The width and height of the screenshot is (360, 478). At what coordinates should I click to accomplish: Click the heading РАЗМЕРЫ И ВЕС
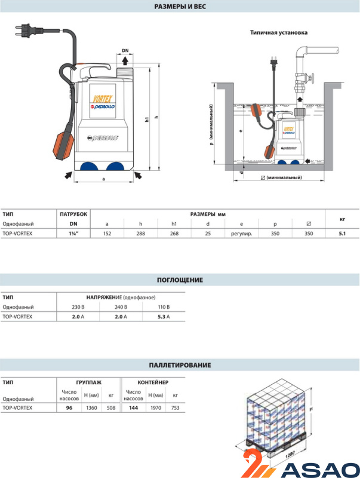[x=180, y=7]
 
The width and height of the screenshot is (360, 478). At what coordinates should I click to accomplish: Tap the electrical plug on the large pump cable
[x=27, y=29]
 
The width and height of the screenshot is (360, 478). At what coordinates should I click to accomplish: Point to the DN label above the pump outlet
[x=125, y=51]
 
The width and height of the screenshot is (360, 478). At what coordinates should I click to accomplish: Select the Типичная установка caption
[x=279, y=33]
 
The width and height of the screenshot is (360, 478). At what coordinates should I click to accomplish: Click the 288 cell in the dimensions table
[x=140, y=234]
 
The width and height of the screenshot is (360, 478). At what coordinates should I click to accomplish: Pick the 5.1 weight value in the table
[x=343, y=234]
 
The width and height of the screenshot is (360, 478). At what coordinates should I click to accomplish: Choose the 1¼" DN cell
[x=74, y=234]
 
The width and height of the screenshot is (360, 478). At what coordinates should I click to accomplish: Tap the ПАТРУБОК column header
[x=74, y=213]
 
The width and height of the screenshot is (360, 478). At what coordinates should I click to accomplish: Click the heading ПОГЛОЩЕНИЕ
[x=180, y=280]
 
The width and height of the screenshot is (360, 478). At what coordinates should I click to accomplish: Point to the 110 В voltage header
[x=164, y=307]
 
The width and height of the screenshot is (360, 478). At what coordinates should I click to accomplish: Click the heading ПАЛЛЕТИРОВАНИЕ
[x=180, y=364]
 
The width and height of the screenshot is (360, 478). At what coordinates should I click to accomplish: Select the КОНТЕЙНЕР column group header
[x=153, y=381]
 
